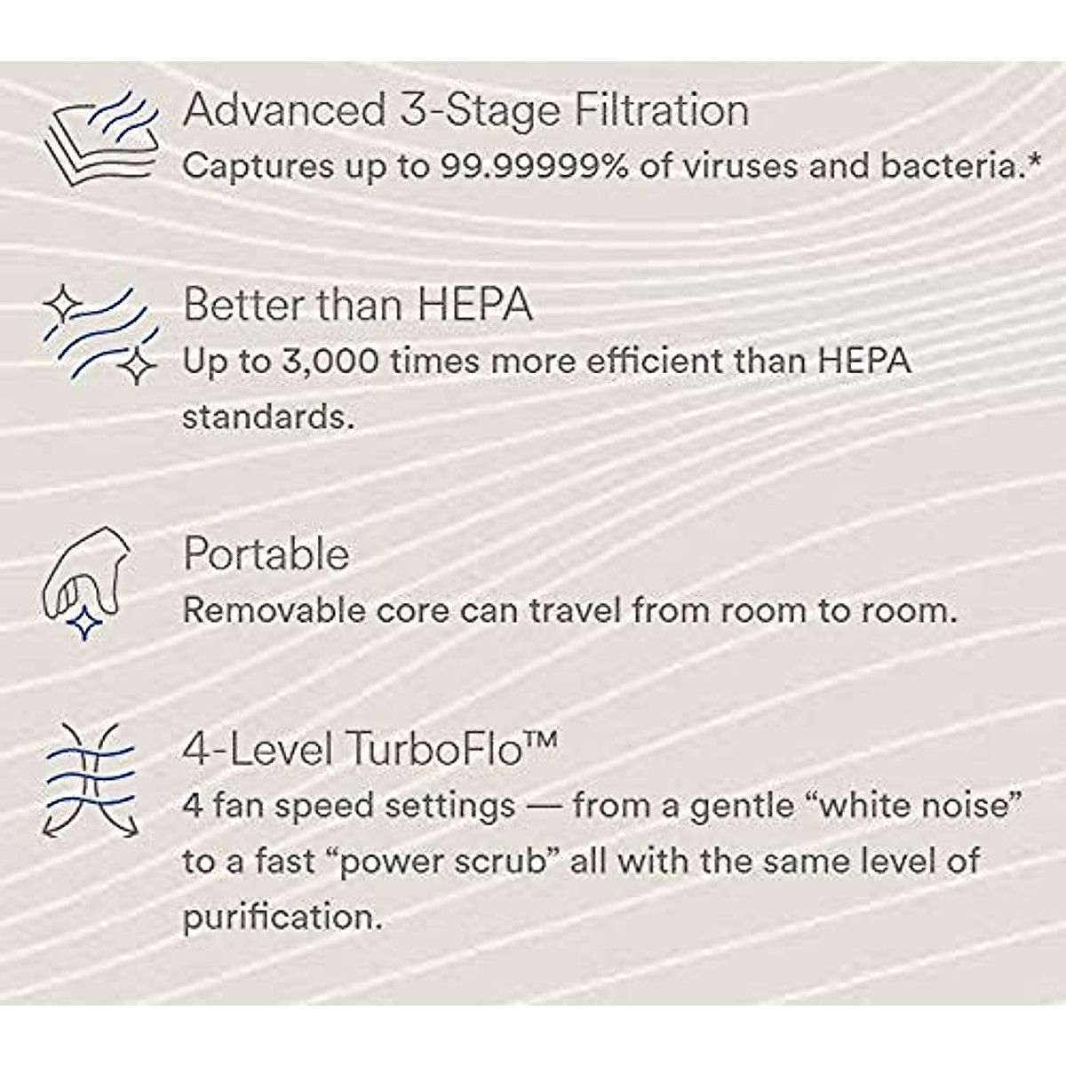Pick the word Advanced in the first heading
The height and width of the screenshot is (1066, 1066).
point(282,110)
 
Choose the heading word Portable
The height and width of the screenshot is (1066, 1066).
point(266,555)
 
